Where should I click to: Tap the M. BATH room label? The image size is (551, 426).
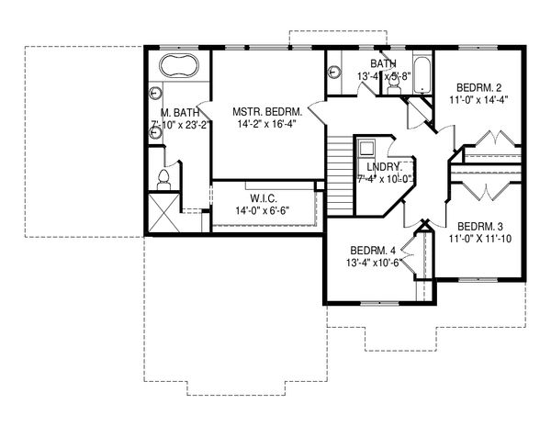168,114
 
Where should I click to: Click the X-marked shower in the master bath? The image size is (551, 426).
162,213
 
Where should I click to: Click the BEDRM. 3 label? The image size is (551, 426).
480,226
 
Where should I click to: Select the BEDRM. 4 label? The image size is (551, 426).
374,250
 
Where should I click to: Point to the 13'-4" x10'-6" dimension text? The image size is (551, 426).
374,263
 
